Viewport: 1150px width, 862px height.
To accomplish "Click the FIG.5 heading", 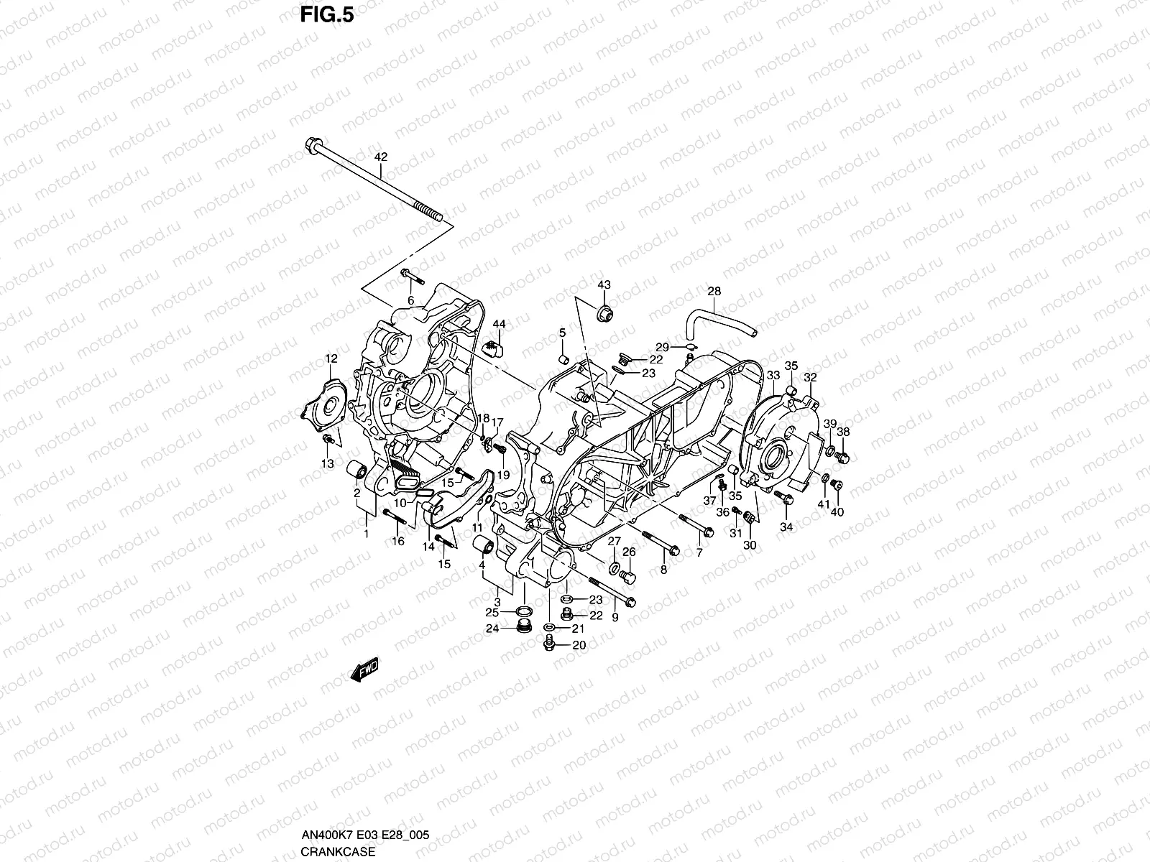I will [x=328, y=15].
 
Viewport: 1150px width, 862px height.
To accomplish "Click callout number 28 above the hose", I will [x=714, y=292].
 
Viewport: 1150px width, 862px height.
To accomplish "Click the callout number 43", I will [x=604, y=285].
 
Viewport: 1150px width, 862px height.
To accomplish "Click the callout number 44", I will [x=499, y=325].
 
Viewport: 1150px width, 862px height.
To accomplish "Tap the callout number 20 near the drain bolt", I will [x=579, y=645].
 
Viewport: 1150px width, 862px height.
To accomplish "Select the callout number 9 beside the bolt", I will [x=615, y=617].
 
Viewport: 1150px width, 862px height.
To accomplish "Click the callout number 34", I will [x=786, y=527].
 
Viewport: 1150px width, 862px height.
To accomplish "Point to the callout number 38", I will [x=844, y=432].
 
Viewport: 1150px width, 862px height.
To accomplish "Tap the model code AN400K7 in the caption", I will [x=324, y=835].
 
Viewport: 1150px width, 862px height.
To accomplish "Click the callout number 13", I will [x=328, y=464].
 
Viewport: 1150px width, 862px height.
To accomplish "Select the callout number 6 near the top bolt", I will [x=411, y=300].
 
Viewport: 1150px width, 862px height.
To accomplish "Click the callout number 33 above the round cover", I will [x=773, y=376].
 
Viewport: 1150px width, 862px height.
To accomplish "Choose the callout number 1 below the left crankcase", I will [x=366, y=534].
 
